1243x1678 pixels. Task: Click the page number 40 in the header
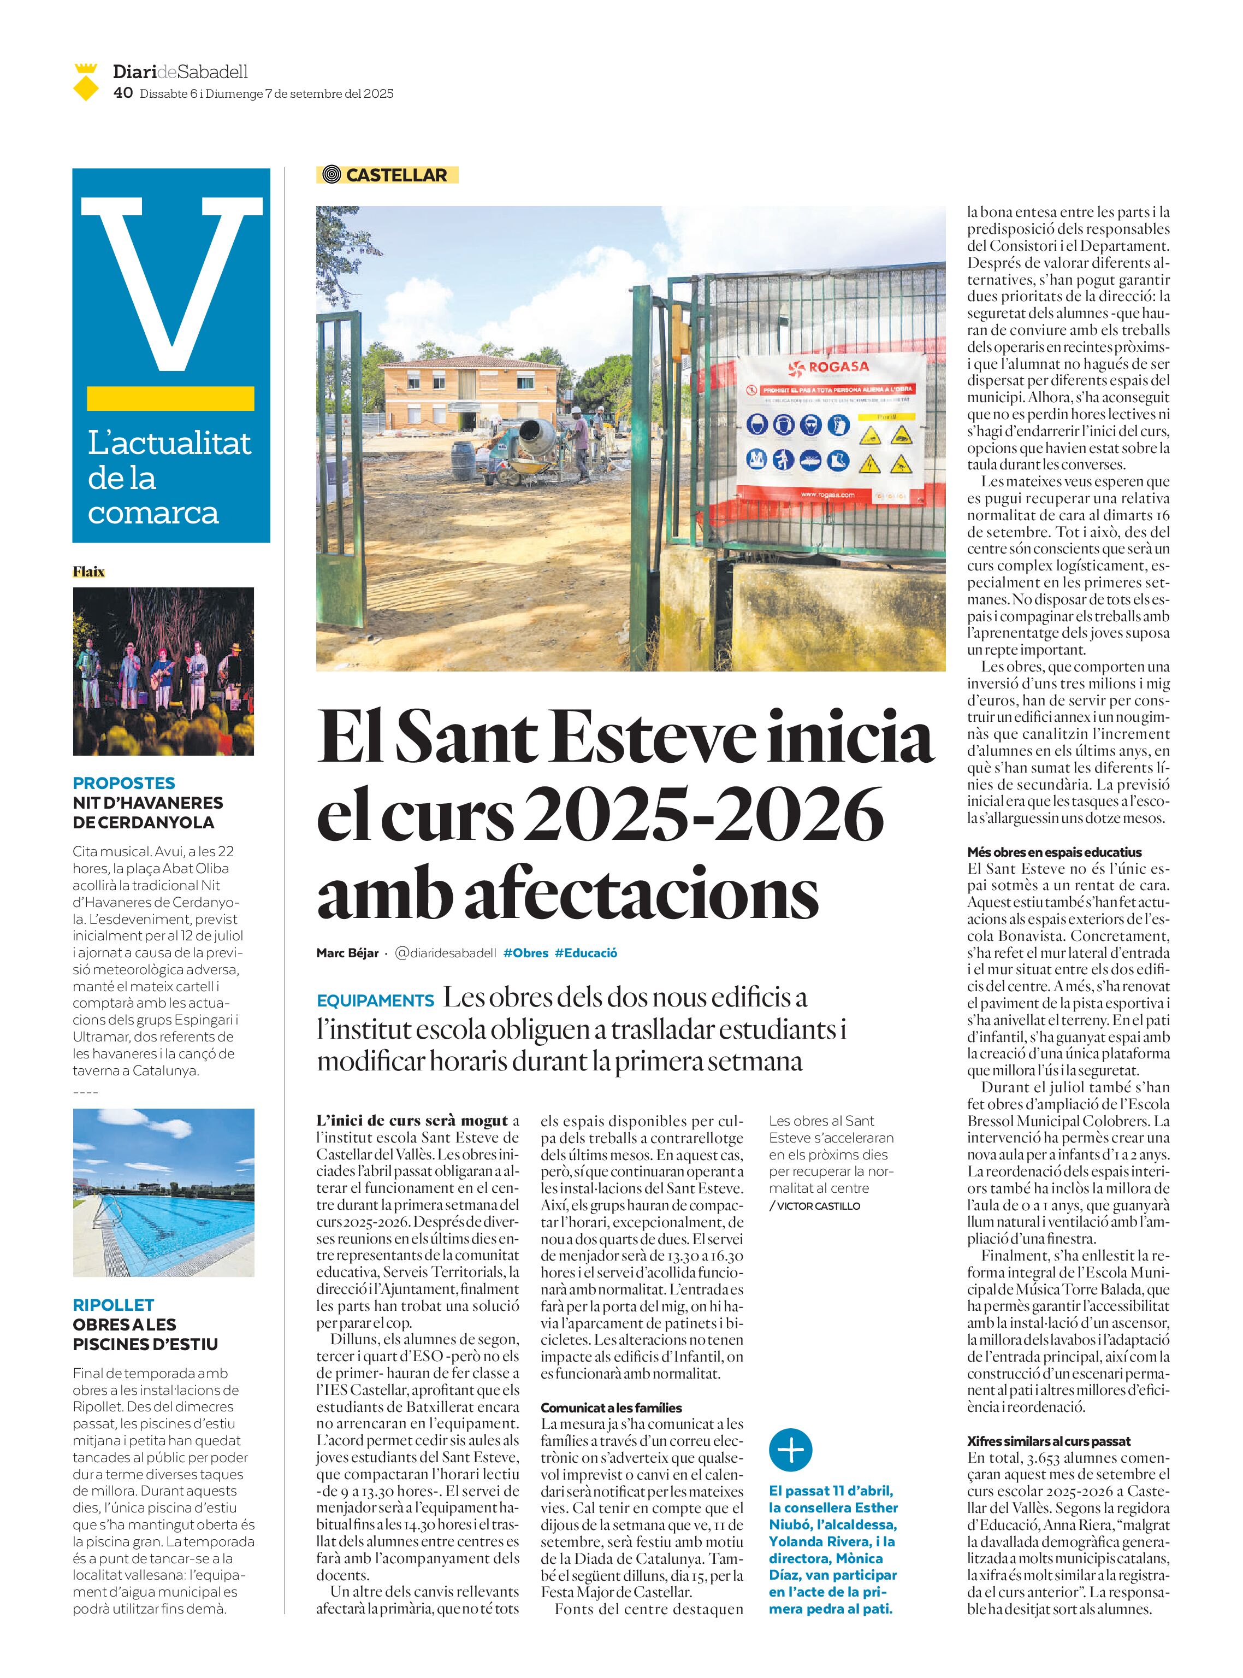pos(123,92)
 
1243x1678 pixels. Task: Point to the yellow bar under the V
pos(171,398)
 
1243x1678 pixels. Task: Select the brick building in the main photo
pos(470,391)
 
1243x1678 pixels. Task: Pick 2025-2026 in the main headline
pos(703,815)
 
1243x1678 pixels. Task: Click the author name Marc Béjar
pos(347,953)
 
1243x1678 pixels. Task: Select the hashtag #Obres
pos(525,953)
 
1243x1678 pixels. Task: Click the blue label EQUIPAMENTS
pos(375,1000)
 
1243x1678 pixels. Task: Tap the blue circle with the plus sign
pos(790,1450)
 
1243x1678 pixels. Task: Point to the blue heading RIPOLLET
pos(113,1305)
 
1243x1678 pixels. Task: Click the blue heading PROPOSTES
pos(123,783)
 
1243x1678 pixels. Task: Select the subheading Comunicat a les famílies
pos(611,1408)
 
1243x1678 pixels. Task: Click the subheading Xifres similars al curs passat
pos(1048,1441)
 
